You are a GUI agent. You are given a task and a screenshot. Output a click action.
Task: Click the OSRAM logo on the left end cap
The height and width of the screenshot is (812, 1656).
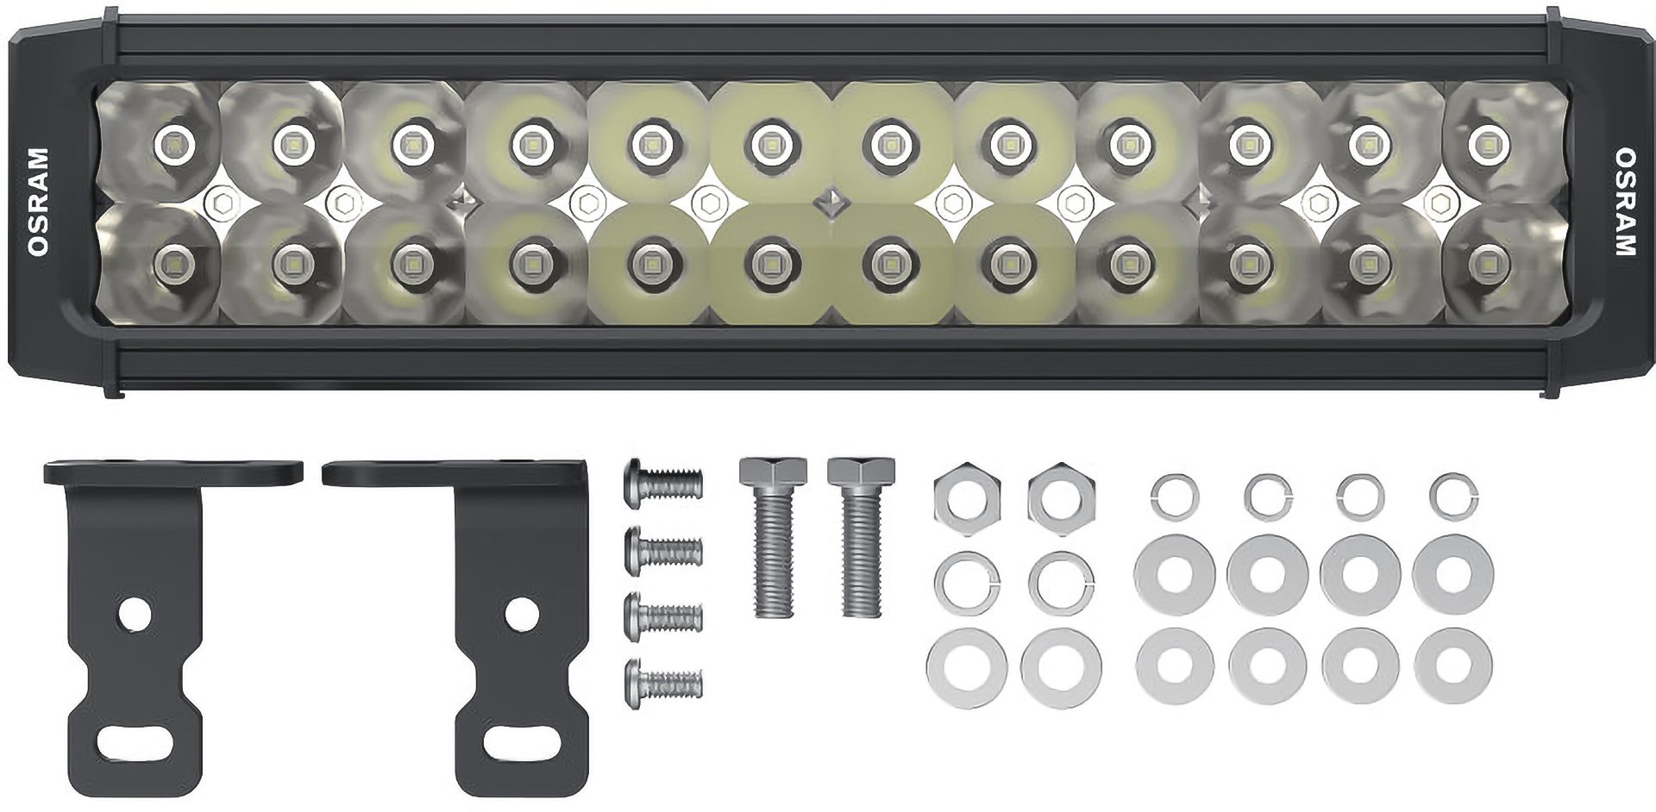click(x=39, y=203)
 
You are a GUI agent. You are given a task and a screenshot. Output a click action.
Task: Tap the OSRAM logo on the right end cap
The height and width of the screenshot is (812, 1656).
click(x=1624, y=203)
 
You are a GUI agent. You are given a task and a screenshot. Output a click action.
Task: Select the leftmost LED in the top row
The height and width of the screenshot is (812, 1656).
click(x=172, y=141)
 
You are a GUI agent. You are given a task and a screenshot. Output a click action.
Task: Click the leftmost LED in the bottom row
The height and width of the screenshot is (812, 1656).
click(x=172, y=259)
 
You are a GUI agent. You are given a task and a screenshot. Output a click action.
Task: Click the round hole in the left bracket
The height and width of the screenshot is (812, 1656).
click(x=135, y=613)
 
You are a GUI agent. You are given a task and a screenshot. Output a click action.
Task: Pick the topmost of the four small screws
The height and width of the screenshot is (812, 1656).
click(x=662, y=481)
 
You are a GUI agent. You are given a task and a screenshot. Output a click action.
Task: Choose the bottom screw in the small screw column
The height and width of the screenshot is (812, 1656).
click(x=662, y=684)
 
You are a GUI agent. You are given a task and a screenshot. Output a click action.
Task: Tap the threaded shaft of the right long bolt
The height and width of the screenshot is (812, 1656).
click(x=862, y=560)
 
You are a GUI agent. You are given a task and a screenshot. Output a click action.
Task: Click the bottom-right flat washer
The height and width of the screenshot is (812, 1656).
click(x=1453, y=665)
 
